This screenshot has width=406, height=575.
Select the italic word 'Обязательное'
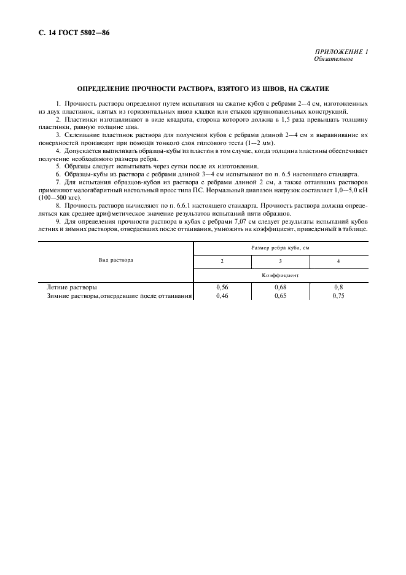click(x=333, y=60)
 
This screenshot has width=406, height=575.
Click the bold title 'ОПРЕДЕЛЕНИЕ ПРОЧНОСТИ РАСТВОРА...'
click(x=203, y=88)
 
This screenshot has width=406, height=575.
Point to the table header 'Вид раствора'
click(x=116, y=260)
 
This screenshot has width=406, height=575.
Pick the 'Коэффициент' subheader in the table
click(x=281, y=275)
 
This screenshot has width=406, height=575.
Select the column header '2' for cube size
click(x=222, y=262)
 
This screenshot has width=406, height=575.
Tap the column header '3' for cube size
click(x=280, y=262)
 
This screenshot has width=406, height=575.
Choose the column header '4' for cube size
click(x=338, y=262)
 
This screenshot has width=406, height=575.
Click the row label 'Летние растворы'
click(x=72, y=287)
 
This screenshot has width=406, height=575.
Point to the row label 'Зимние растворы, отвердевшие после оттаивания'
click(x=120, y=295)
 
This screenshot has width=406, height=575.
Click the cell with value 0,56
click(x=222, y=287)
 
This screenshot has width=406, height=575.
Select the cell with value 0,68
click(x=281, y=287)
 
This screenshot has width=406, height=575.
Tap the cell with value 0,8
click(x=338, y=287)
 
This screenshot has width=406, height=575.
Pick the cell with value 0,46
click(x=222, y=295)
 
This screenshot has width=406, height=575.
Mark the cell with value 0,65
click(x=281, y=295)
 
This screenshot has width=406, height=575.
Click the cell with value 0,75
click(x=338, y=295)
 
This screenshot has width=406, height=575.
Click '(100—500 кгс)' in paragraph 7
click(x=60, y=198)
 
